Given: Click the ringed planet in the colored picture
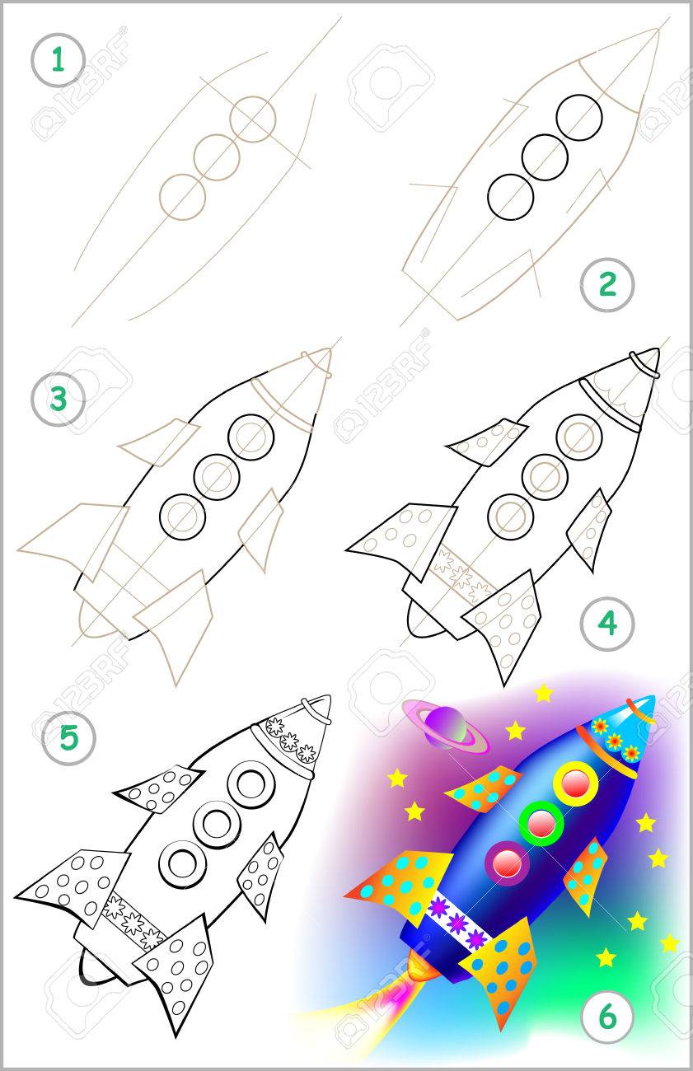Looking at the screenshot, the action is coord(445,727).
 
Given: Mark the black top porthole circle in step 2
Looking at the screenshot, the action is coord(579,118).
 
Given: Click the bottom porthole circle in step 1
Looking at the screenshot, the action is coord(182,197).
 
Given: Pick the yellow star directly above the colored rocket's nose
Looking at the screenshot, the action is coord(543,693).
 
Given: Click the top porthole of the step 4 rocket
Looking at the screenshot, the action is coord(579,437).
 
